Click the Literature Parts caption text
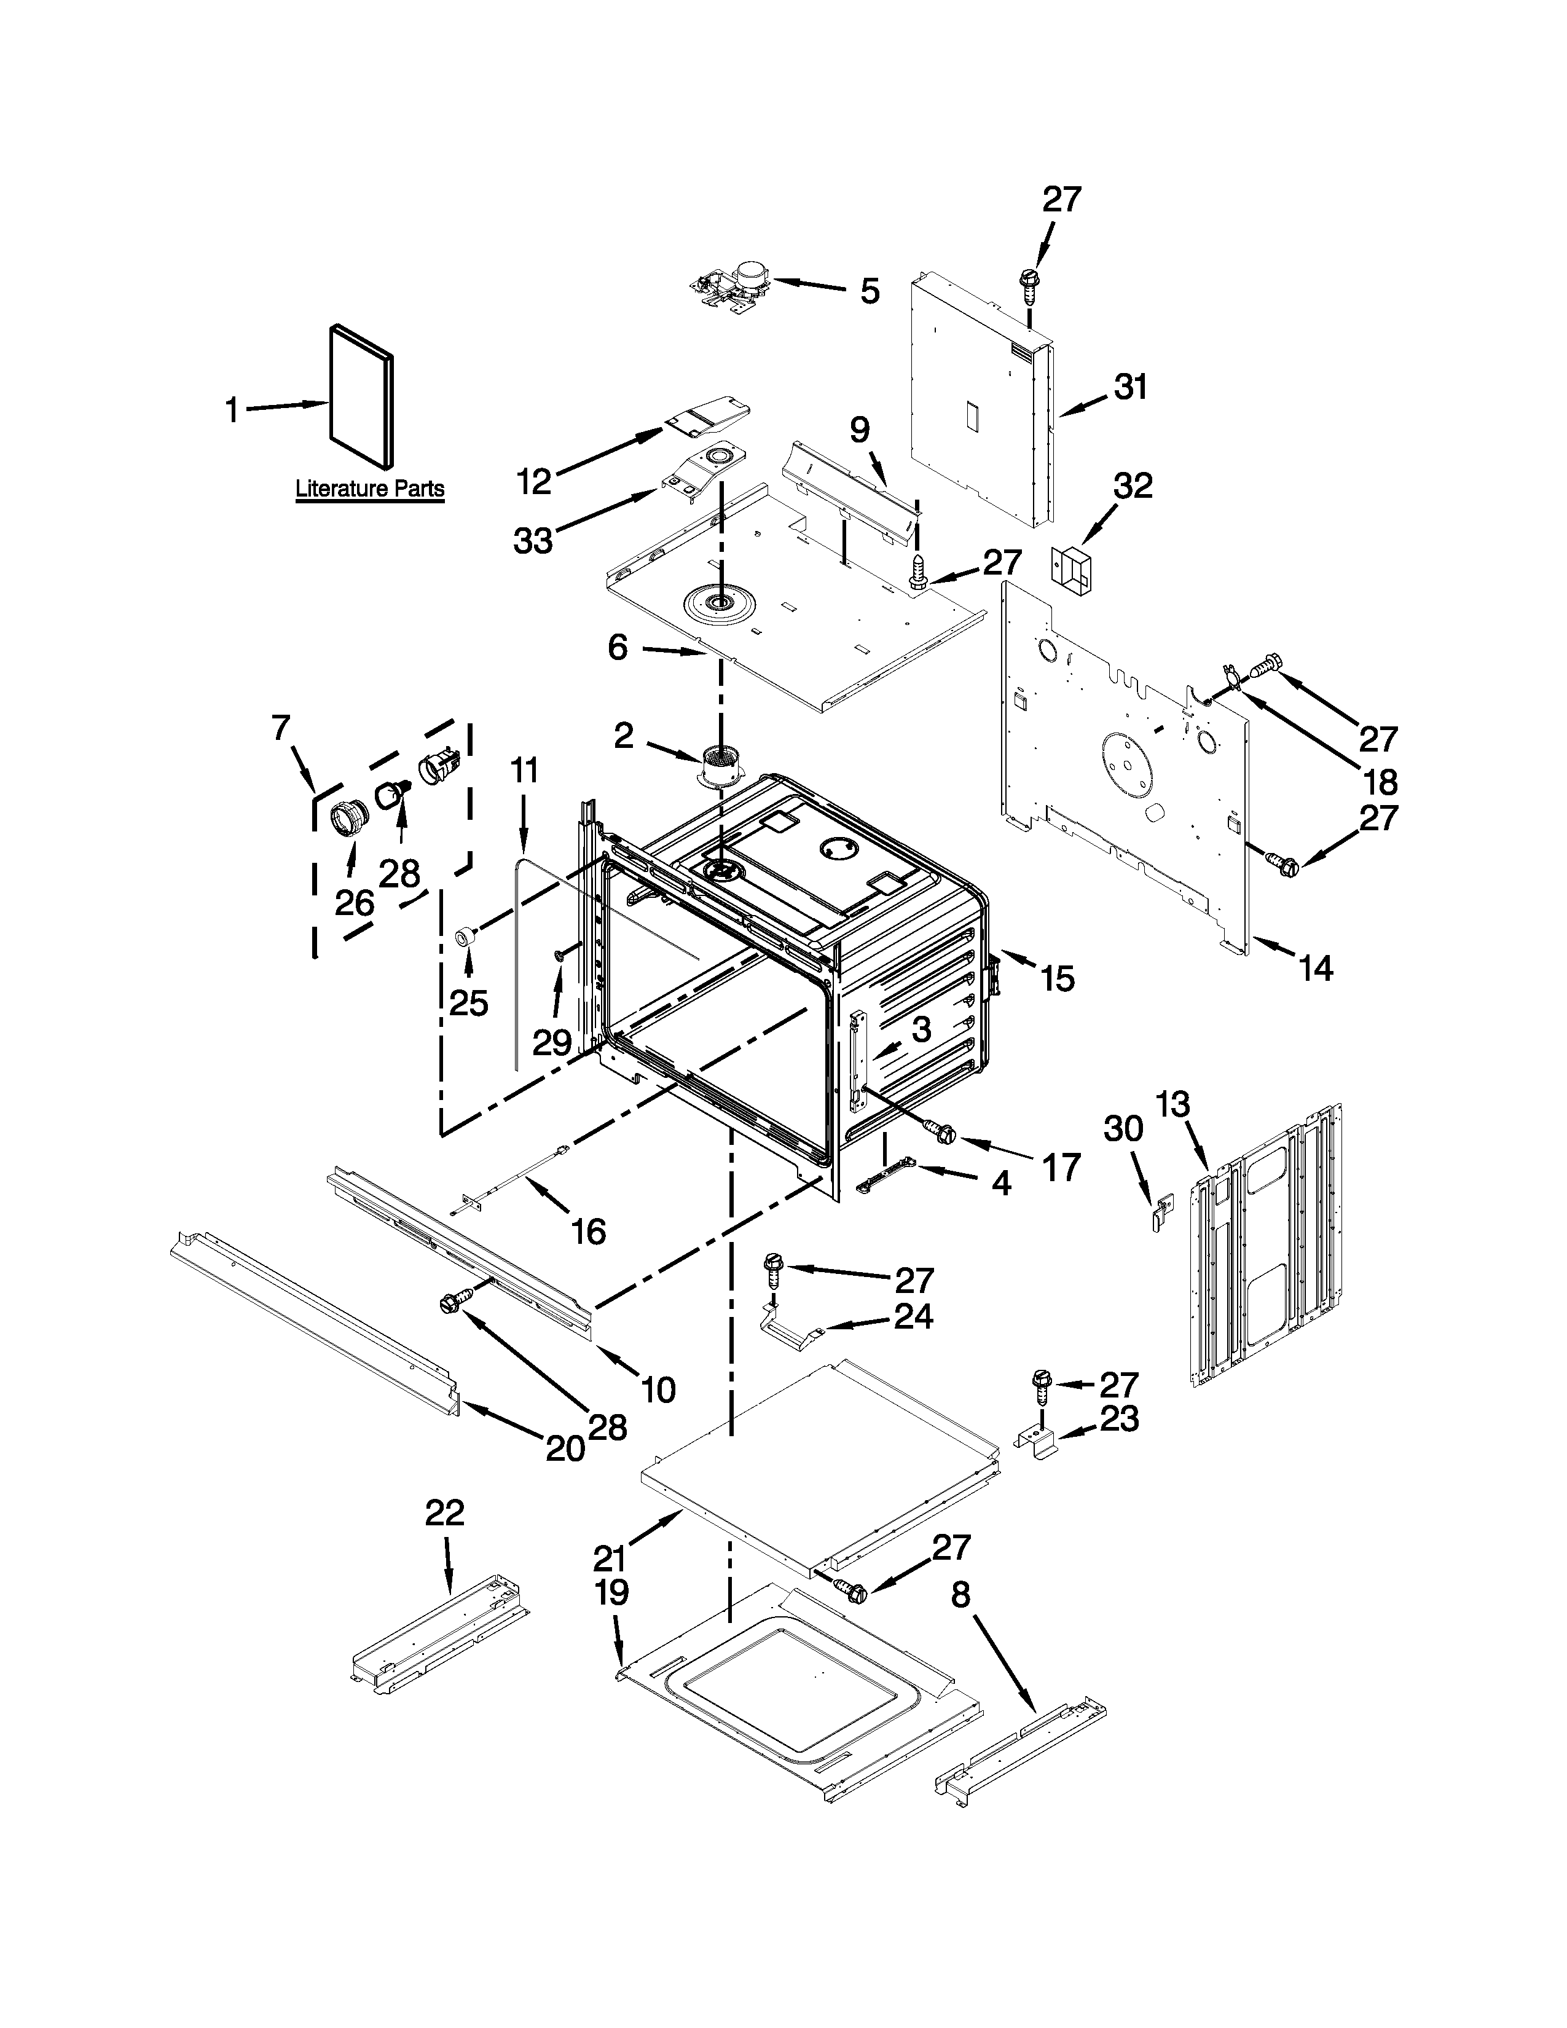[x=369, y=489]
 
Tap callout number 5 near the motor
[x=869, y=291]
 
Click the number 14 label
[x=1314, y=969]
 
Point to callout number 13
[x=1172, y=1105]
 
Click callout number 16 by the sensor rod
[x=587, y=1232]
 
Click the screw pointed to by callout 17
[x=940, y=1131]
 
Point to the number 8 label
[x=961, y=1595]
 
